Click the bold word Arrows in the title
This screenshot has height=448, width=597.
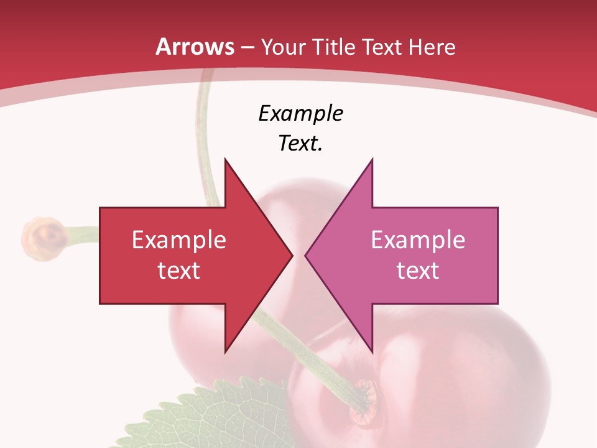click(x=195, y=47)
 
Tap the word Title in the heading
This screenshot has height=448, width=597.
click(x=337, y=47)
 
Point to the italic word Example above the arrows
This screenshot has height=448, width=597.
click(x=300, y=113)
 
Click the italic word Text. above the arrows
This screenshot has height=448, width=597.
click(x=300, y=143)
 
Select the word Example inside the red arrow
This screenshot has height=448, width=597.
click(x=178, y=240)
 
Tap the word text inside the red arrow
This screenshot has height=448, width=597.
click(x=178, y=270)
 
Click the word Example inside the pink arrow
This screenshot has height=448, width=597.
click(x=418, y=240)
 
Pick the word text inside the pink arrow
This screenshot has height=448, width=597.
click(x=418, y=270)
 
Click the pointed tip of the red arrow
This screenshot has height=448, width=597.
click(x=292, y=254)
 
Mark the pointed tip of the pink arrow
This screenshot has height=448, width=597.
click(x=305, y=254)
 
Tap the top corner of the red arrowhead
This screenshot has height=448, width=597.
click(x=225, y=159)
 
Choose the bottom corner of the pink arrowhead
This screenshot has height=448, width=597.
click(x=372, y=352)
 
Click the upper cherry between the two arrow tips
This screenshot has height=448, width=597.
click(x=298, y=205)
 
